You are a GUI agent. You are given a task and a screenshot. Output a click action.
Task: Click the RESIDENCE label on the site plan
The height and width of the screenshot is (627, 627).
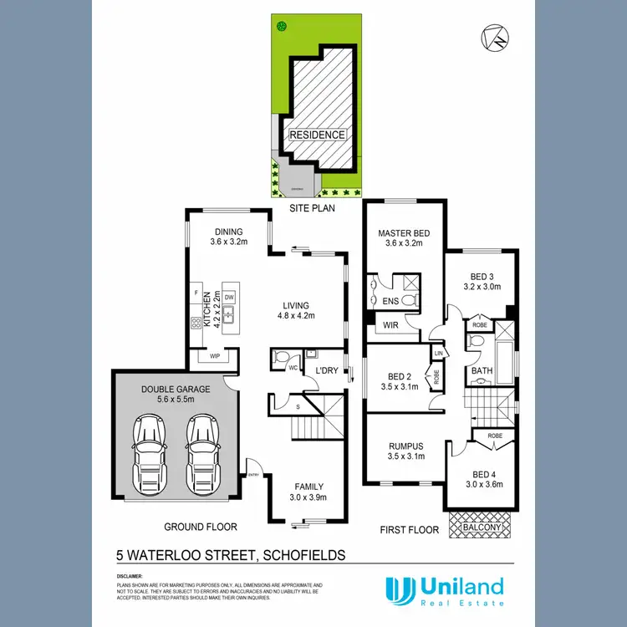coord(316,135)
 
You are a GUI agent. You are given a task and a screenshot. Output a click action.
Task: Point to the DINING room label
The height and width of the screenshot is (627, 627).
coord(227,232)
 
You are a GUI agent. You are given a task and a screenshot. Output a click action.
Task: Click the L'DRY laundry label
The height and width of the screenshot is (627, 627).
coord(326,370)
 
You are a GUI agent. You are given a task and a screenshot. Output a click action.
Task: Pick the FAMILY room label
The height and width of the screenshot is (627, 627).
coord(308,487)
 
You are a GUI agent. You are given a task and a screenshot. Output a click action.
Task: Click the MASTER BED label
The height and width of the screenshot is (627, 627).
coord(403,233)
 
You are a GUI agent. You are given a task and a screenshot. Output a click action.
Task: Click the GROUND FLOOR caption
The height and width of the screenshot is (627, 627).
coord(201,527)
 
